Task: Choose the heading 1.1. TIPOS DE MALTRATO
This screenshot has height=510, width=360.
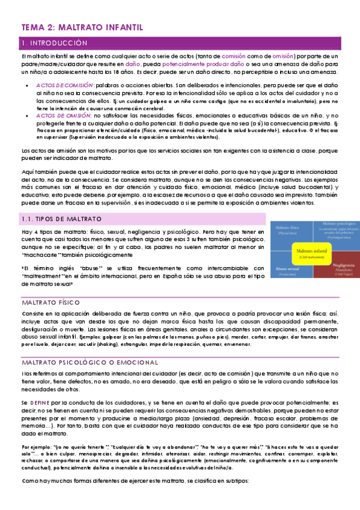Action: tap(57, 219)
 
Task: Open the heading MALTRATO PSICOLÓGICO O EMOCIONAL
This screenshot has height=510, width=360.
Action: tap(90, 363)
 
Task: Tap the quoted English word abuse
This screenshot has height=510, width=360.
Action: tap(84, 268)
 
